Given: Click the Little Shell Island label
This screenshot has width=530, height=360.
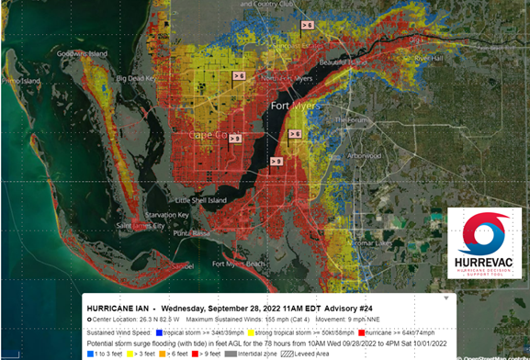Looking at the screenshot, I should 203,199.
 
